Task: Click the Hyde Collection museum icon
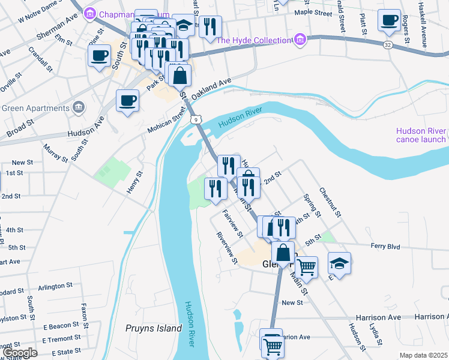(300, 40)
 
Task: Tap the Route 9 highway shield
(196, 120)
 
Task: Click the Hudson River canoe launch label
(421, 136)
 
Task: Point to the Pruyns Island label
(154, 328)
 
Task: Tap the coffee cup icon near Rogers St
(389, 20)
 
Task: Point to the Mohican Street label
(167, 121)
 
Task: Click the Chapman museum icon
(90, 13)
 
